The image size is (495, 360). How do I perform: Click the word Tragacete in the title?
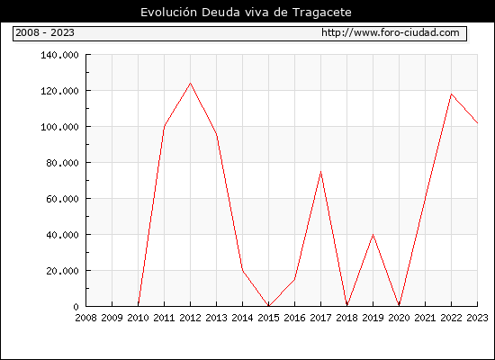pos(321,13)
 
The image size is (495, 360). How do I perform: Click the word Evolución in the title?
pos(169,12)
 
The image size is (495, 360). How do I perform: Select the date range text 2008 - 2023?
pos(45,32)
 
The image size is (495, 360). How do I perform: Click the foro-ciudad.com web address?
pos(391,32)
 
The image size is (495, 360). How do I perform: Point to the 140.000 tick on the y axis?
pos(59,55)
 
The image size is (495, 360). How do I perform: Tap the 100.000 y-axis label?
pos(59,127)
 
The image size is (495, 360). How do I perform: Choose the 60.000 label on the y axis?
pos(62,199)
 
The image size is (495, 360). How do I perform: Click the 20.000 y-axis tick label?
pos(62,271)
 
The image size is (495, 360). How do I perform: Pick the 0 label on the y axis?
pos(76,307)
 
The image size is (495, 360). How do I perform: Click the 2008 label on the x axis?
pos(85,318)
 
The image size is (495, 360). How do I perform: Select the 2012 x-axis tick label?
pos(191,318)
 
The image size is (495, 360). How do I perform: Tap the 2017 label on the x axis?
pos(320,318)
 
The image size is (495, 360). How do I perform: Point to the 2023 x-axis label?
pos(477,318)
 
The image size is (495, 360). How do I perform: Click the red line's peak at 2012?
pos(191,83)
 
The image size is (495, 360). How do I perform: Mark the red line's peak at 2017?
pos(320,171)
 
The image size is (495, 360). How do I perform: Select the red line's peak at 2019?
pos(373,234)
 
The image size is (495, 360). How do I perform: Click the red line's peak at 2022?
pos(451,94)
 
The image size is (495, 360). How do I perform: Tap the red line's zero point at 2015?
pos(269,306)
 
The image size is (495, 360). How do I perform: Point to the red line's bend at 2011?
pos(164,126)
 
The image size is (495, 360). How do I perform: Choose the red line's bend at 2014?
pos(242,270)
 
